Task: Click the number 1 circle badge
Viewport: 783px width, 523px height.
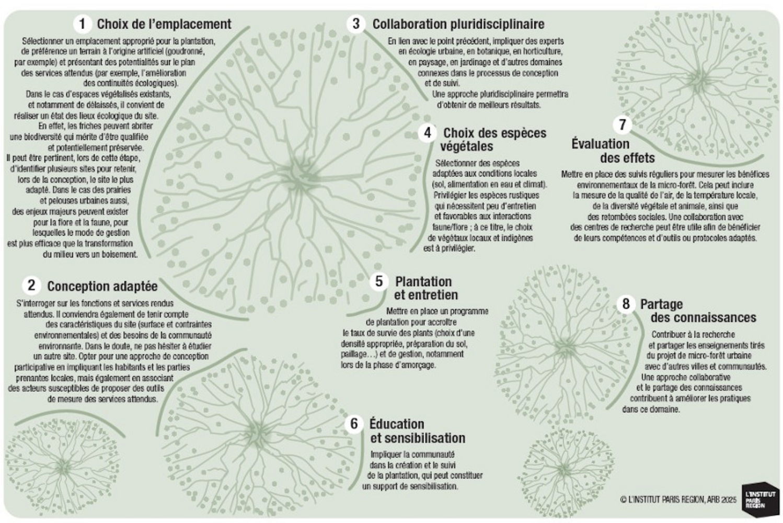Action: [82, 24]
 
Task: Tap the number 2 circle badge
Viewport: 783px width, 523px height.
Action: [31, 285]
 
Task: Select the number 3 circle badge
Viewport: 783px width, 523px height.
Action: [356, 24]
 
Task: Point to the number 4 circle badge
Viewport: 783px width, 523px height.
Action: [428, 132]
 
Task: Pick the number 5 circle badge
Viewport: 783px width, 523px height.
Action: [379, 281]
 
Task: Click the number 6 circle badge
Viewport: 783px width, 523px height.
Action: [354, 423]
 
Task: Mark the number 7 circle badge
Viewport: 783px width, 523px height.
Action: [622, 124]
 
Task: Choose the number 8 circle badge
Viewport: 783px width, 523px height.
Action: [626, 304]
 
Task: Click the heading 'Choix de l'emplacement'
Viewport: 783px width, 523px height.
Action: [164, 24]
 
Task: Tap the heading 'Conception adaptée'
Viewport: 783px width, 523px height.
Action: [102, 286]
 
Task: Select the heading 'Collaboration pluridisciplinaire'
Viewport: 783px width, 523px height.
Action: [458, 24]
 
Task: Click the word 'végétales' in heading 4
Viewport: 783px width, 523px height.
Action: [467, 146]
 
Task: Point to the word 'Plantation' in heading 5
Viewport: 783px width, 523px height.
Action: [423, 282]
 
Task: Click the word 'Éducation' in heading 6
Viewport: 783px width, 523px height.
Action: [397, 424]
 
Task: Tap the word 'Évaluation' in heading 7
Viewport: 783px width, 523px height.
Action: [600, 144]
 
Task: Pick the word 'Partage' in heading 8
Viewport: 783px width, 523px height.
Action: [661, 304]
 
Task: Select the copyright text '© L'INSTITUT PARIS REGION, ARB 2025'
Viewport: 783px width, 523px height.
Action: [678, 499]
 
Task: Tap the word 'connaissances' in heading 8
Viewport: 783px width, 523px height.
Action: [703, 318]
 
